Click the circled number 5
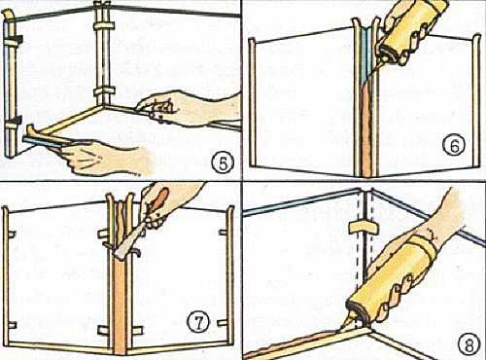(224, 163)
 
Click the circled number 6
(454, 146)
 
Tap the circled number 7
(198, 322)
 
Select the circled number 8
(469, 344)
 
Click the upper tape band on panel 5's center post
(104, 26)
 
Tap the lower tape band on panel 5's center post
(104, 91)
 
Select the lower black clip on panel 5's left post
(14, 123)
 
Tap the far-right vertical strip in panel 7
(230, 275)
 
